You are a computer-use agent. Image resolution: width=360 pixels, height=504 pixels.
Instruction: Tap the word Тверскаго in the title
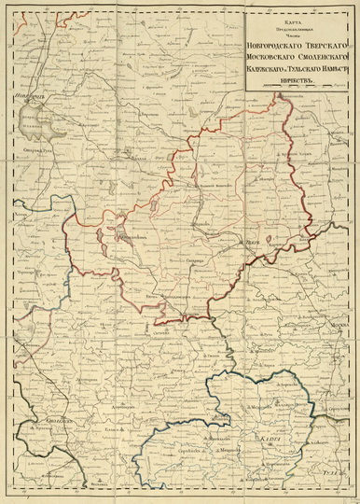click(327, 45)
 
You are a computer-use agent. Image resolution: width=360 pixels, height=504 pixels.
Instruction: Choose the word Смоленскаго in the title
click(326, 60)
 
